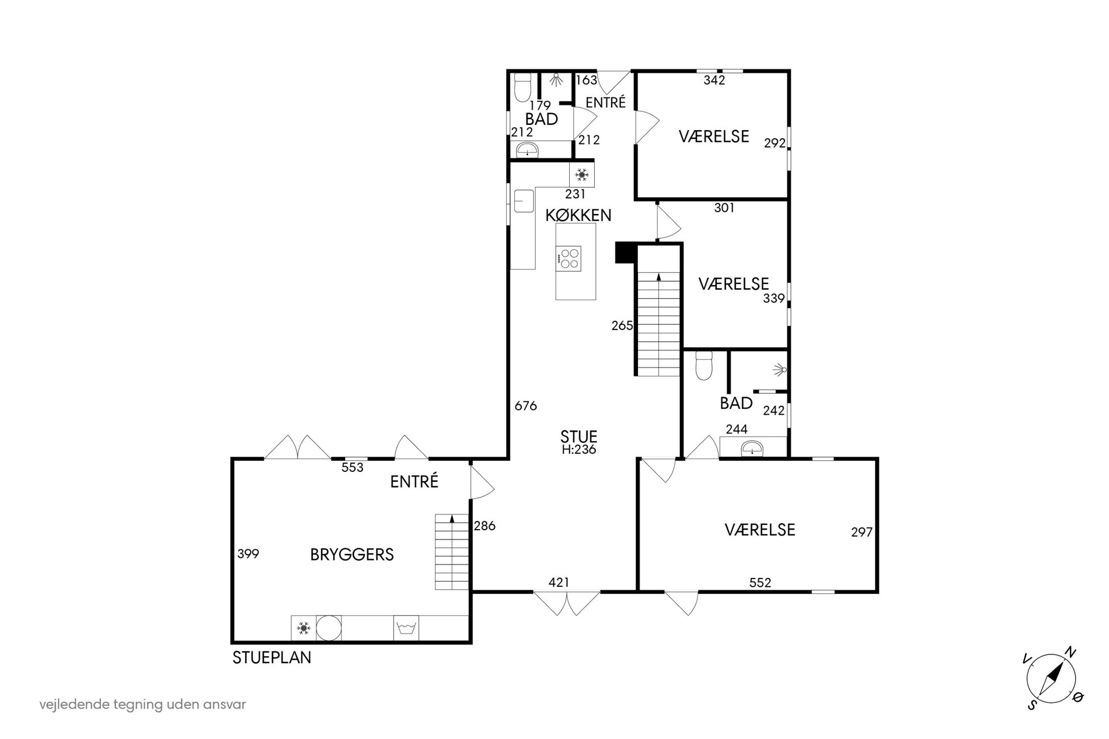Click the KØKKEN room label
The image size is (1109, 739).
click(578, 215)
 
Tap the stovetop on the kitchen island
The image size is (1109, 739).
click(569, 258)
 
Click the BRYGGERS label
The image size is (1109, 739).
click(352, 554)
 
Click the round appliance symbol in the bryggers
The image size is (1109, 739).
click(329, 628)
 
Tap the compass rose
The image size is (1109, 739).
click(1051, 680)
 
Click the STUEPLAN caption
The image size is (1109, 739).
click(272, 657)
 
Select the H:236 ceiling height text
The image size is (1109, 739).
click(578, 450)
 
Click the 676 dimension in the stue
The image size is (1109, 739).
click(525, 405)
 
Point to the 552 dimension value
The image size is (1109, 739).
click(760, 582)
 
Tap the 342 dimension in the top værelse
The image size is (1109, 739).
click(714, 80)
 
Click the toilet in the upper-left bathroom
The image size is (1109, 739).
click(522, 87)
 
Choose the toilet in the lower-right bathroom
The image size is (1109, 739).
click(704, 366)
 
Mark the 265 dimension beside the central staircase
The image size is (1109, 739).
click(622, 325)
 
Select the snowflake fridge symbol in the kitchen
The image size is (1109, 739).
click(581, 174)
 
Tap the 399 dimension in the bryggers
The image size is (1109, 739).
click(248, 554)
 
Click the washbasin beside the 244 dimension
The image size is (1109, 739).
click(752, 448)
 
